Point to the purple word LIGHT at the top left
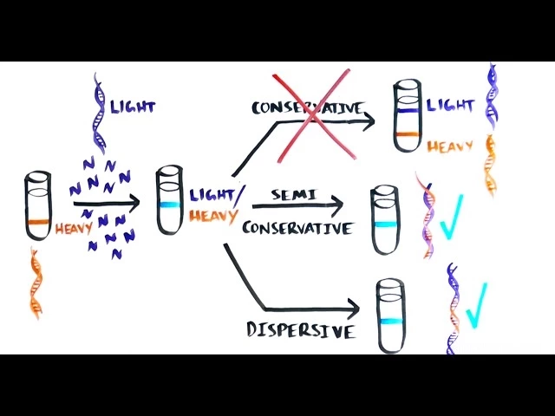click(132, 107)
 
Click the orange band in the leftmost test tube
click(38, 223)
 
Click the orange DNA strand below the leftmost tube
click(36, 281)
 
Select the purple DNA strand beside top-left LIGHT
click(99, 113)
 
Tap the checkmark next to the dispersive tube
click(474, 305)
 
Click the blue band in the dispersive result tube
click(390, 322)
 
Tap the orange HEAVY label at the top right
click(449, 146)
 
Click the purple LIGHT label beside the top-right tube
click(450, 106)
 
